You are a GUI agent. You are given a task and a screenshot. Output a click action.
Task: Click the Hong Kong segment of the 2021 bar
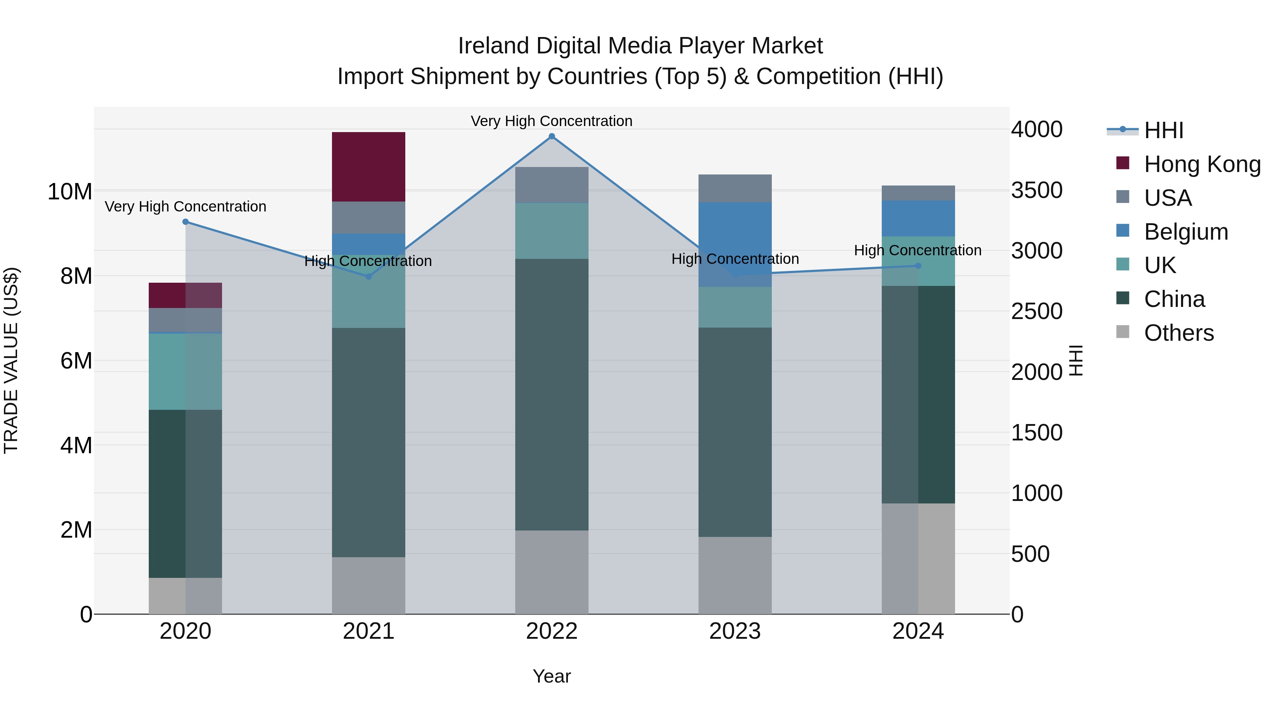click(369, 167)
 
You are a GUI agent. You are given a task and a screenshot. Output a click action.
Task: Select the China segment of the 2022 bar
click(552, 394)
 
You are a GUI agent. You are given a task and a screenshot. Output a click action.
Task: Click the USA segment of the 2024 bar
click(918, 193)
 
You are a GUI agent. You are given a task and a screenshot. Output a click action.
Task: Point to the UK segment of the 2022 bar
click(552, 230)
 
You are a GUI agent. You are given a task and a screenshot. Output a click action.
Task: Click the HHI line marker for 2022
click(552, 136)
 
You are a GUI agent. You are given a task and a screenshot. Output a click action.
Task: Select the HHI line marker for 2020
click(185, 222)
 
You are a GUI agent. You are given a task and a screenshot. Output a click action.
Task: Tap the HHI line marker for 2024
click(918, 266)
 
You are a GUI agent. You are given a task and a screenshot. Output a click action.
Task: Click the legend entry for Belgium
click(1186, 232)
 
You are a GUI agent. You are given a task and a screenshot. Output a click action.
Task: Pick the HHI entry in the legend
click(1163, 130)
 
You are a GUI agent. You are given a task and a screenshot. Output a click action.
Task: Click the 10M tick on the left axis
click(70, 192)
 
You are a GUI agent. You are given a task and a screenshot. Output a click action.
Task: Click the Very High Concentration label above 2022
click(552, 121)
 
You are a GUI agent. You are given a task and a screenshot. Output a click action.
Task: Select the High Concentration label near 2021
click(368, 261)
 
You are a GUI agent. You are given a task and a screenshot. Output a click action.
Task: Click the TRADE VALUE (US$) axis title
click(11, 360)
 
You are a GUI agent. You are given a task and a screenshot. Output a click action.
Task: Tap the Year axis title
click(552, 676)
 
